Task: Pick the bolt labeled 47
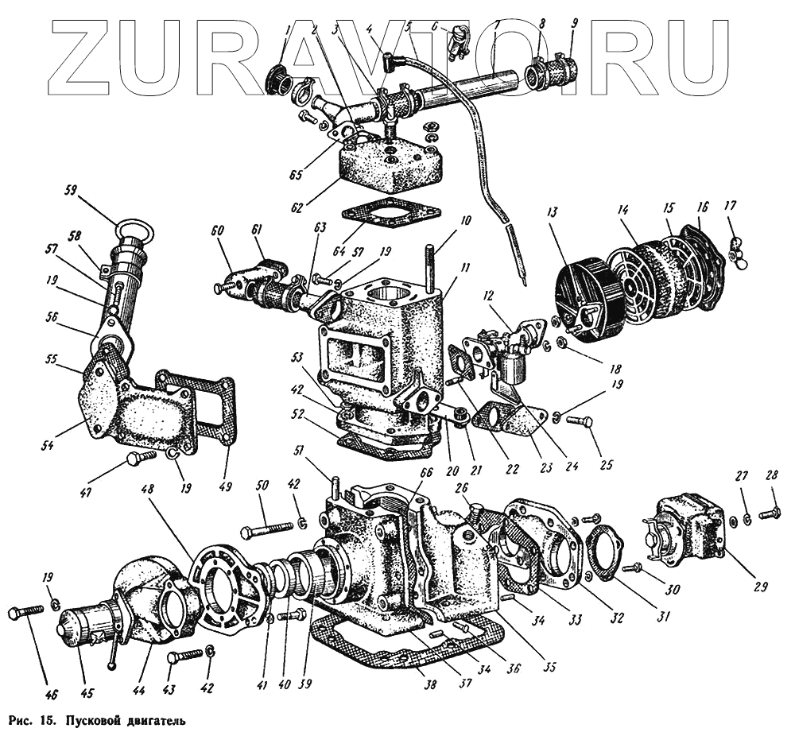[x=141, y=459]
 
